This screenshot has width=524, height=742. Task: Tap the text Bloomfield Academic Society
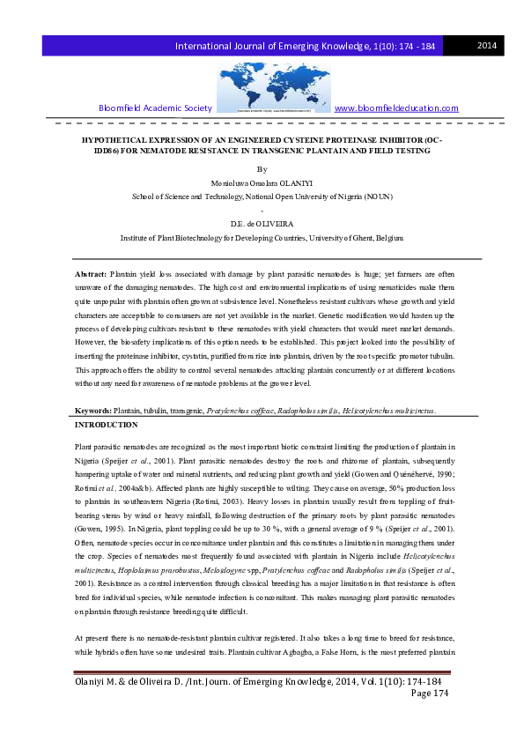click(155, 108)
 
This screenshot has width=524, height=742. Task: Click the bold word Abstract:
click(91, 276)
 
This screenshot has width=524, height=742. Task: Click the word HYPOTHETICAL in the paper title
click(112, 139)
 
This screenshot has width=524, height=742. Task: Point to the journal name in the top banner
click(308, 45)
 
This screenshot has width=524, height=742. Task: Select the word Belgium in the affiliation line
click(386, 238)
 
